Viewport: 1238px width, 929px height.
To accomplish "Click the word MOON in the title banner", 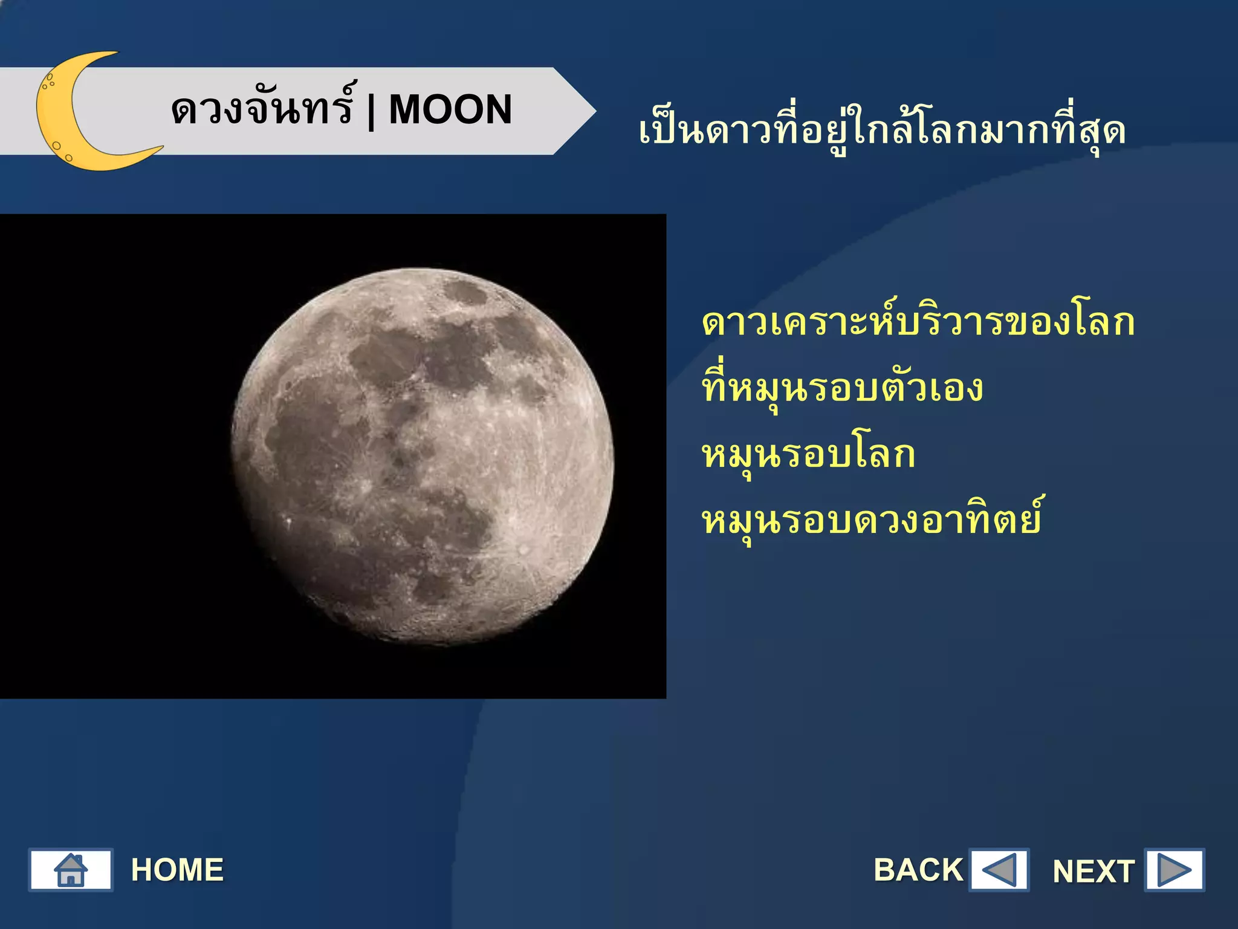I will tap(450, 110).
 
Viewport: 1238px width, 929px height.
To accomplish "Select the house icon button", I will tap(71, 870).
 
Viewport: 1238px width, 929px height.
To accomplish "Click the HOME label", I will tap(177, 870).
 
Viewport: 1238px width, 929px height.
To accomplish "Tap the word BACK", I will tap(918, 870).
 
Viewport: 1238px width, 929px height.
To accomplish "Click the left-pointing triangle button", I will tap(999, 870).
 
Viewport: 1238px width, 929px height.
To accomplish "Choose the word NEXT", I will tap(1093, 872).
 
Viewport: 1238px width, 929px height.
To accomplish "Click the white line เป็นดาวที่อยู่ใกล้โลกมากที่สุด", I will tap(882, 131).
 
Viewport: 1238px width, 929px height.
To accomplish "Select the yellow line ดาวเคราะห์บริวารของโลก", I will tap(918, 322).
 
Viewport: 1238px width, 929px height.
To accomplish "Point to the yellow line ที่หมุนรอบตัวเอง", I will tap(843, 389).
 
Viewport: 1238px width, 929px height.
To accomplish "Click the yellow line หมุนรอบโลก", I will tap(809, 455).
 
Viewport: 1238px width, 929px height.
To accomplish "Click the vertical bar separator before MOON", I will tap(371, 111).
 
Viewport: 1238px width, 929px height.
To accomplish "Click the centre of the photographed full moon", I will tap(423, 457).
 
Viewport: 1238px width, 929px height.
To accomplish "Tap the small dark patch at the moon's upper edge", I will tap(466, 294).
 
